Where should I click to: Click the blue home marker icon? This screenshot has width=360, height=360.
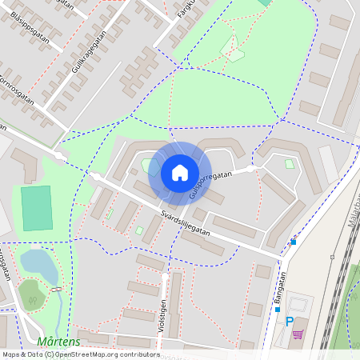180,173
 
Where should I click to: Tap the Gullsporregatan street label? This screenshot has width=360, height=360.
210,185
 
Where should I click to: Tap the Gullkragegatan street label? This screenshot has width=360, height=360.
89,54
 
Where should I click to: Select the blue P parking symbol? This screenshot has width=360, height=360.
289,322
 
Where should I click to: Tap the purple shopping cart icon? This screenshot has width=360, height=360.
298,334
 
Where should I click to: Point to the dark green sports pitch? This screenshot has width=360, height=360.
36,208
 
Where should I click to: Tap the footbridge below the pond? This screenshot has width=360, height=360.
54,288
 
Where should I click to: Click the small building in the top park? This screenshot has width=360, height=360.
236,56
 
